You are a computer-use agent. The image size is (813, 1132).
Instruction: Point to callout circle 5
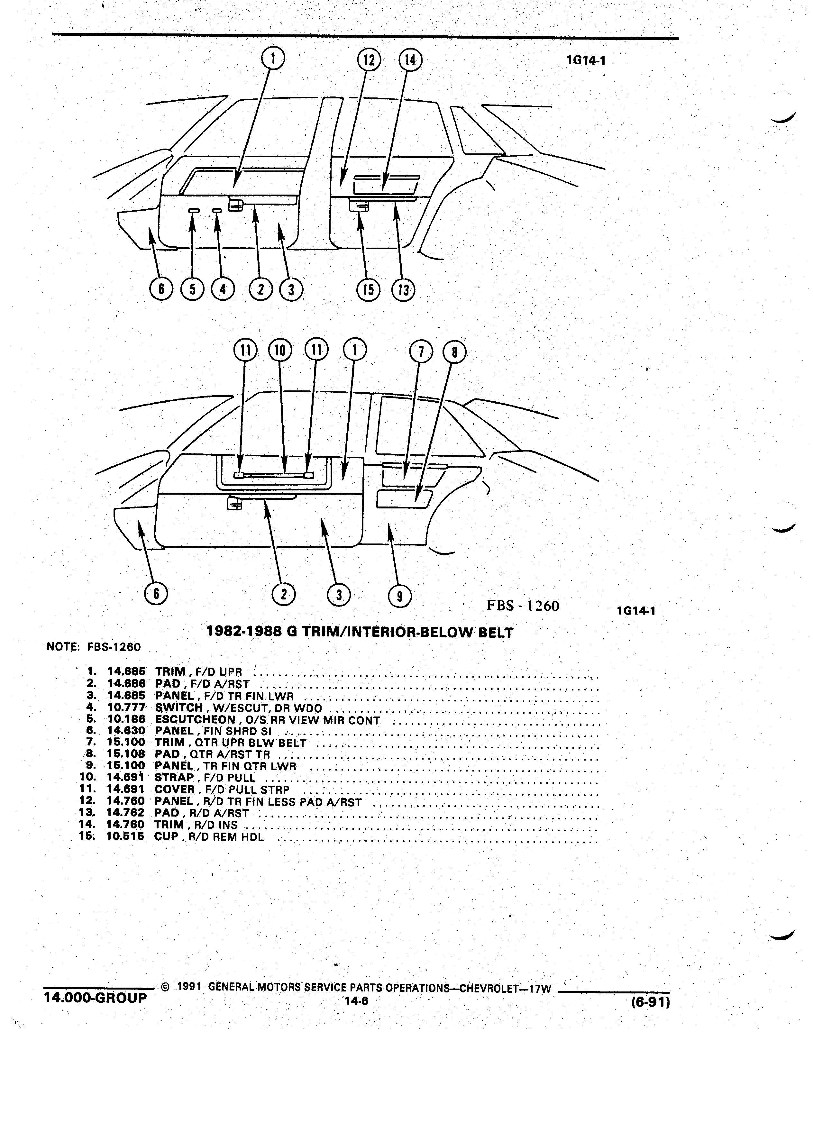[192, 289]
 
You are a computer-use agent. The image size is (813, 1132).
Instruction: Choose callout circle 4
[223, 289]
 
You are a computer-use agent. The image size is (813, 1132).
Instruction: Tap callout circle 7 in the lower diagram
[421, 352]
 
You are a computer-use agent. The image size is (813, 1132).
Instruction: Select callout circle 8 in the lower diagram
[454, 353]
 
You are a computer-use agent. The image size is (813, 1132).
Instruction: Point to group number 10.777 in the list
[126, 708]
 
